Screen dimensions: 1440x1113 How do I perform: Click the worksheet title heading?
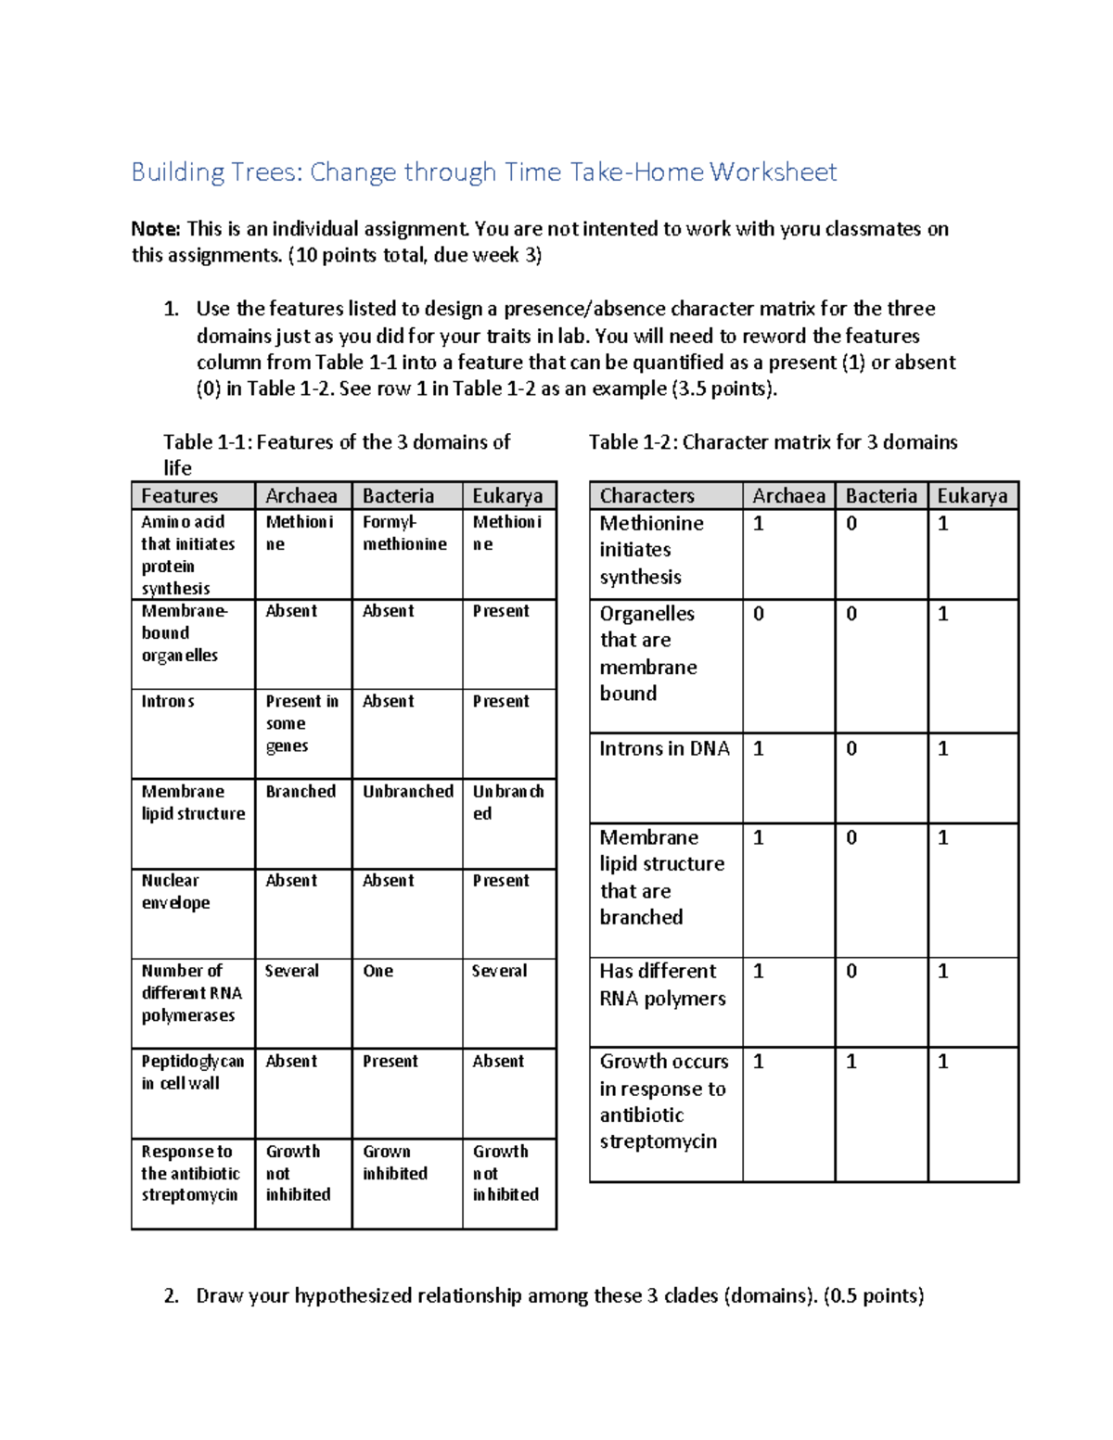pyautogui.click(x=483, y=172)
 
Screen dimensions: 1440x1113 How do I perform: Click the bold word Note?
pyautogui.click(x=154, y=229)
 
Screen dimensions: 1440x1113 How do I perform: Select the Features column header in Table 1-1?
pyautogui.click(x=180, y=496)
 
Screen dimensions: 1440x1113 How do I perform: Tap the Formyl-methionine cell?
pyautogui.click(x=404, y=533)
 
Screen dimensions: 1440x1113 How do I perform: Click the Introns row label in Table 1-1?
pyautogui.click(x=168, y=702)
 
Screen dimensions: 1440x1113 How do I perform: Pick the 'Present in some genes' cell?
pyautogui.click(x=301, y=723)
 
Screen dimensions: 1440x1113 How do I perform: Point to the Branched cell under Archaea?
pyautogui.click(x=301, y=792)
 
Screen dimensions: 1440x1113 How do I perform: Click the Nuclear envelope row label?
pyautogui.click(x=175, y=892)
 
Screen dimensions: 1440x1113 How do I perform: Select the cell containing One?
pyautogui.click(x=378, y=971)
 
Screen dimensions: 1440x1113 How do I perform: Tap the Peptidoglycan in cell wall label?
pyautogui.click(x=192, y=1072)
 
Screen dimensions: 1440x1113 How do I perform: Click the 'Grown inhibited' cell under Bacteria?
pyautogui.click(x=395, y=1163)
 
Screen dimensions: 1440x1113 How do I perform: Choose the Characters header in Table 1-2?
pyautogui.click(x=646, y=496)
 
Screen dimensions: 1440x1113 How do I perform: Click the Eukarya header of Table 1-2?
pyautogui.click(x=972, y=496)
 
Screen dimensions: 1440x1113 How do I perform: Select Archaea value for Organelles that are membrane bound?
pyautogui.click(x=759, y=614)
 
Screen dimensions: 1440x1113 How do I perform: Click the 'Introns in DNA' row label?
pyautogui.click(x=664, y=749)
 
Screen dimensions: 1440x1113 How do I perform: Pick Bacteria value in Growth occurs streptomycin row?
pyautogui.click(x=851, y=1062)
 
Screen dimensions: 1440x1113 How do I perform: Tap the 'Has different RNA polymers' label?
pyautogui.click(x=661, y=985)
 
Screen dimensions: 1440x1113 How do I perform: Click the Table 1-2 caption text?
pyautogui.click(x=773, y=442)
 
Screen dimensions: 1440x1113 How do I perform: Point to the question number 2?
pyautogui.click(x=172, y=1296)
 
